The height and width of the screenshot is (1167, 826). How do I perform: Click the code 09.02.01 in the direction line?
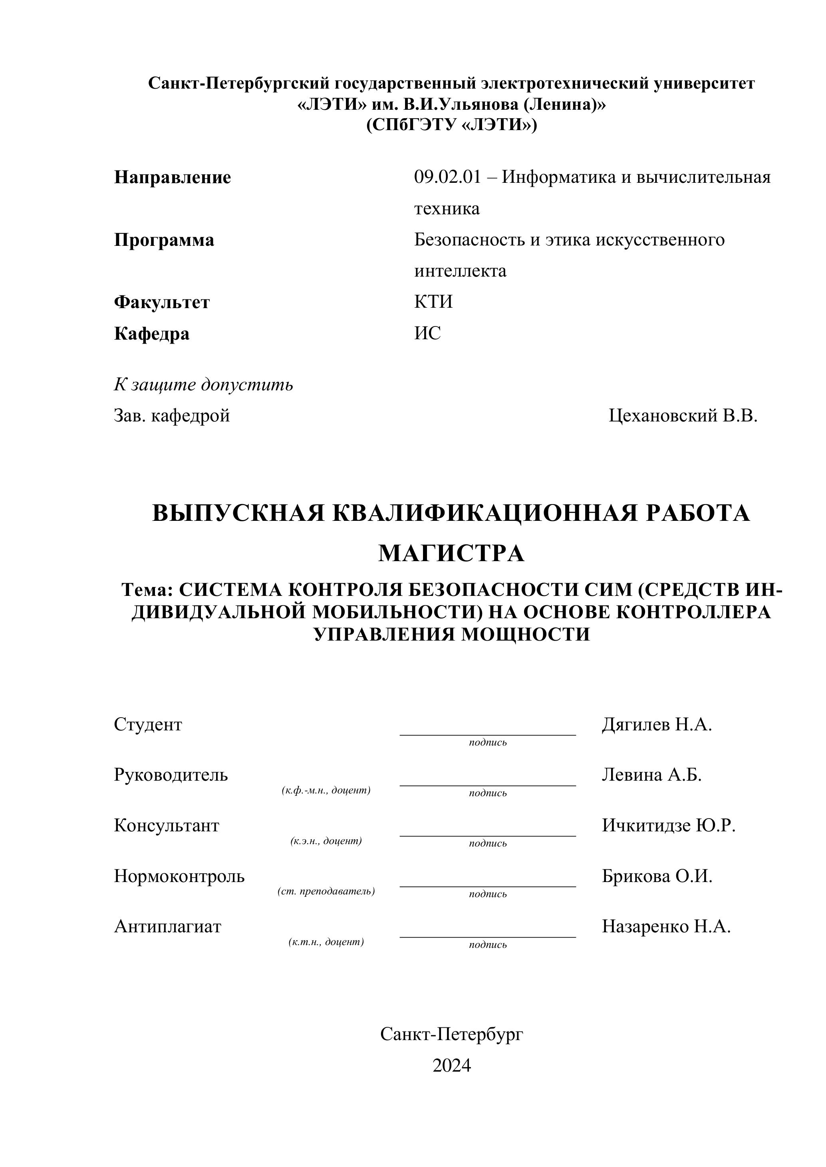point(447,177)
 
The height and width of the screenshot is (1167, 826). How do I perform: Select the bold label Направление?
point(173,177)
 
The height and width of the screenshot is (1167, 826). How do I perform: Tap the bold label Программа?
point(164,240)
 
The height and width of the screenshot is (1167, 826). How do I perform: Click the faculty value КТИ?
point(433,302)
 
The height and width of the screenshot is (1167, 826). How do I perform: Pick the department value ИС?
point(427,333)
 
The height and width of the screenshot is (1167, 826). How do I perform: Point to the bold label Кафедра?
point(151,334)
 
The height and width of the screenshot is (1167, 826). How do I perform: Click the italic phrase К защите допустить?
point(203,385)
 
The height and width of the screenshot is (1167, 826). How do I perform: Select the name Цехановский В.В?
point(683,416)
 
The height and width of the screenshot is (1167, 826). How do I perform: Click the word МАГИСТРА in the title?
point(451,554)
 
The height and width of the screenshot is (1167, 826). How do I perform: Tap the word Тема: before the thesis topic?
point(147,590)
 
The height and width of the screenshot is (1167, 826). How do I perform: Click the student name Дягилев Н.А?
point(657,724)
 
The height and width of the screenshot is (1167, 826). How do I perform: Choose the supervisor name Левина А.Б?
point(651,775)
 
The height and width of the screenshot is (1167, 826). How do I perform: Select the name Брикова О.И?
point(657,876)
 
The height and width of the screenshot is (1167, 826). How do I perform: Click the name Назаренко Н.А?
point(666,927)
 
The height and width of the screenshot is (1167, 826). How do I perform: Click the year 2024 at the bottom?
point(452,1065)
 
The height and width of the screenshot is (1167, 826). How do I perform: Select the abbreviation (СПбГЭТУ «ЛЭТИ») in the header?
point(451,125)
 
